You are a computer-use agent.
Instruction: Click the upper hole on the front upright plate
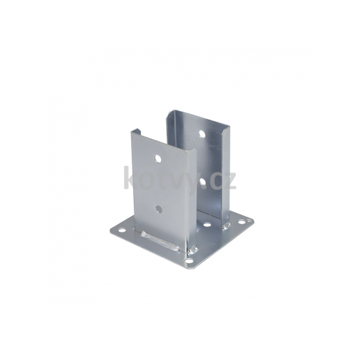(158, 158)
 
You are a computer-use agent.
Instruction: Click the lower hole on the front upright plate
(159, 209)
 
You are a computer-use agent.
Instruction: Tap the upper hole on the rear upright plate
(202, 134)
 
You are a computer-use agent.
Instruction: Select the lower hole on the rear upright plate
(203, 182)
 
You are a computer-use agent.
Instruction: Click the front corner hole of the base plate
(189, 260)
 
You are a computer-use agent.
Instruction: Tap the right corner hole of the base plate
(241, 222)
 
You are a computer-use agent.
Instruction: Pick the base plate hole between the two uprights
(207, 225)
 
